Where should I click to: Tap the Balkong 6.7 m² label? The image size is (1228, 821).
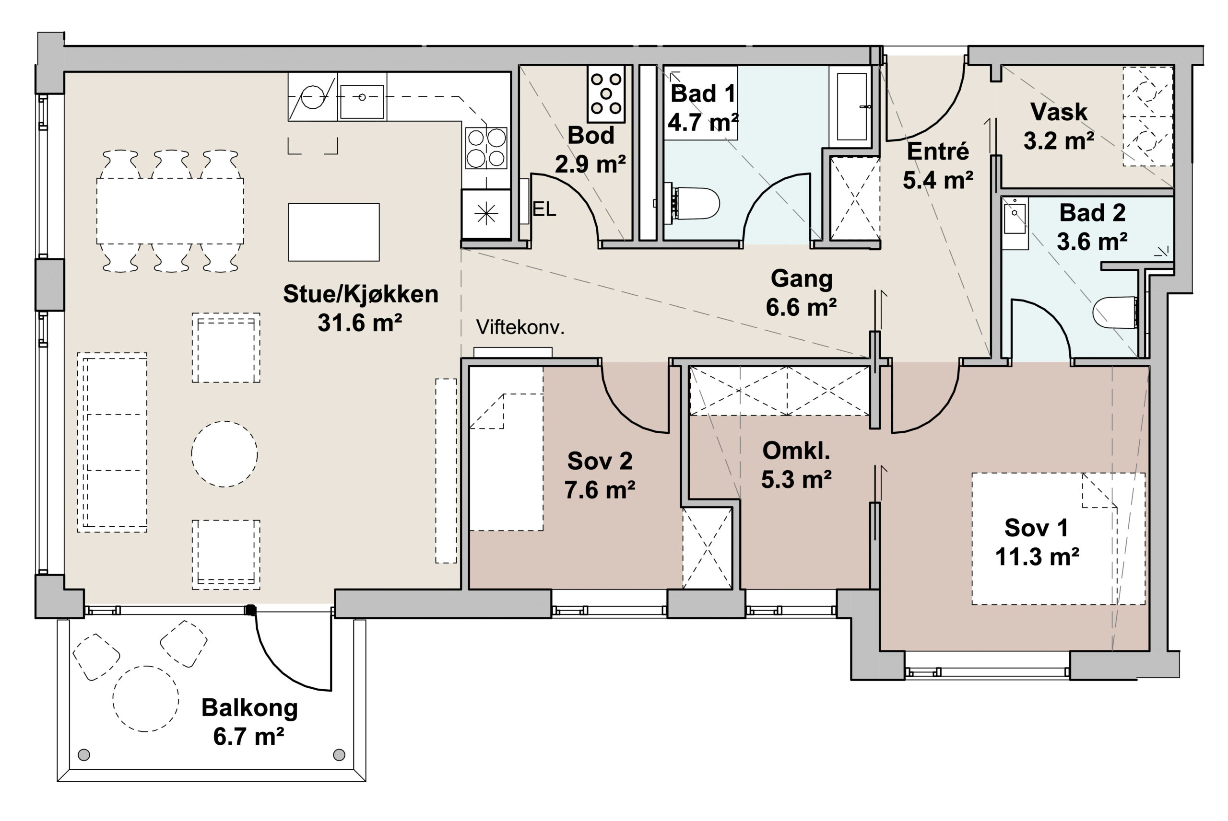249,722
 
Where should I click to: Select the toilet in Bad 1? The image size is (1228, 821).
692,203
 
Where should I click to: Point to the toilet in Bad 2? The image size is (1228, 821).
1115,312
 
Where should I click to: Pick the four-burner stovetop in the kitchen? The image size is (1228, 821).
486,148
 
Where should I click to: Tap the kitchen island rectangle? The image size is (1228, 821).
334,232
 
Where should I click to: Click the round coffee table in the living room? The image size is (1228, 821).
224,454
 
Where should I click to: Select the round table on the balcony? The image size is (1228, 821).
146,698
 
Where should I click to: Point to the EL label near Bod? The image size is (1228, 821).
544,209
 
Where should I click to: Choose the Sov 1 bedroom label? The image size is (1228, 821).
1037,542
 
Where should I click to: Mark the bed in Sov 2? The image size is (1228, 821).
506,448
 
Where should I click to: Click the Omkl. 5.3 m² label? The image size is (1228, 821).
796,465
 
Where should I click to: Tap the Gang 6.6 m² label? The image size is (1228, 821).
801,293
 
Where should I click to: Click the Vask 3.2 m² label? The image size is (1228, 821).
1059,126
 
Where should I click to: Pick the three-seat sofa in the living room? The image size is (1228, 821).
112,442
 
